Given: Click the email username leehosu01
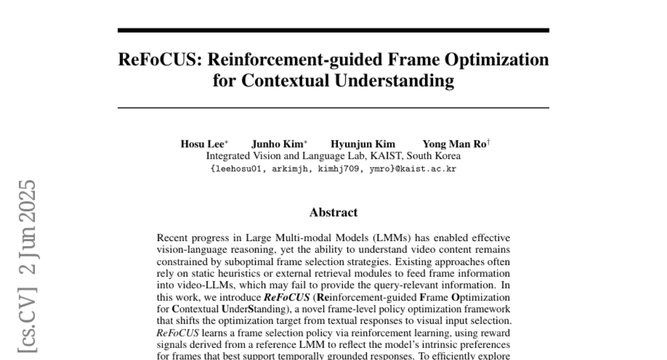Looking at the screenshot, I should (236, 169).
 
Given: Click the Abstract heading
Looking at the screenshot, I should (333, 212).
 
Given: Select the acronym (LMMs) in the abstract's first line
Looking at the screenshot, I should (378, 239).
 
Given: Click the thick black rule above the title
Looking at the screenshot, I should (333, 31).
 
